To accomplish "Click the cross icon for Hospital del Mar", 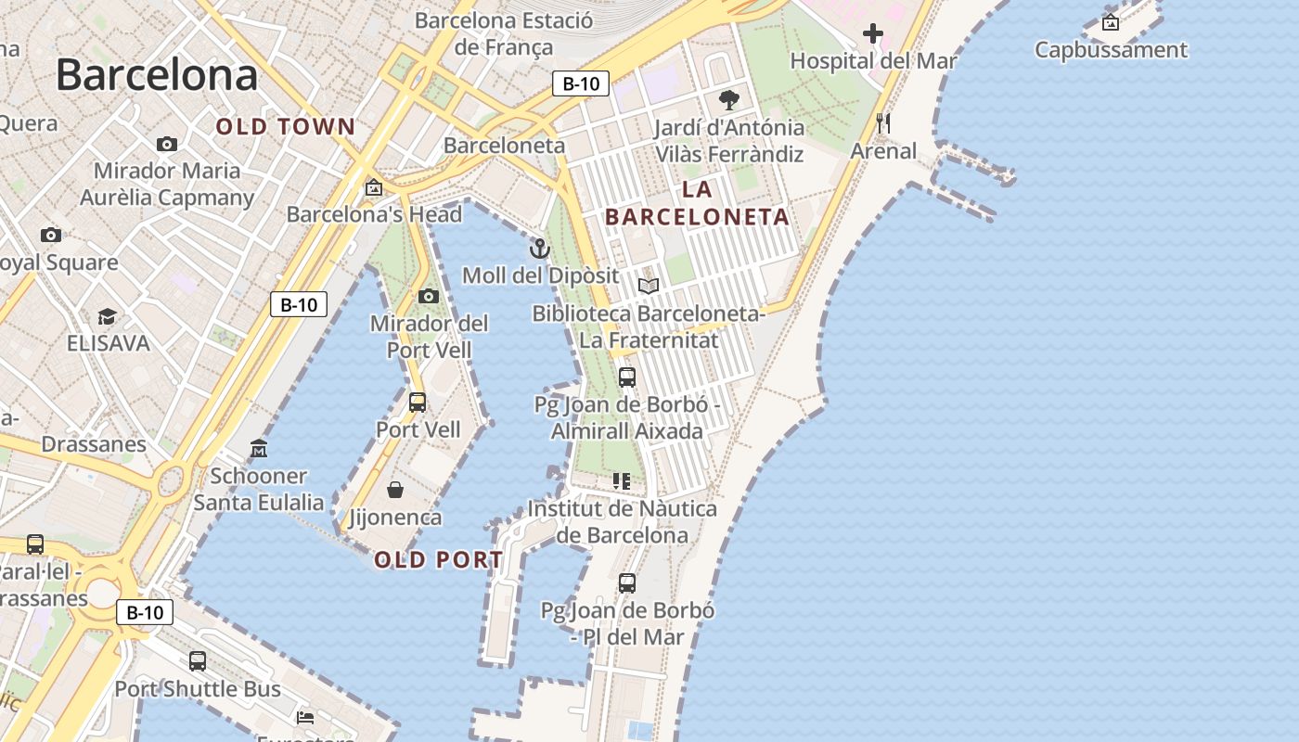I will [x=872, y=34].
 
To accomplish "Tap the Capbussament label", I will [x=1111, y=50].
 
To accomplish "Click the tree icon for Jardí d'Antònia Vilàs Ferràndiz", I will [x=729, y=99].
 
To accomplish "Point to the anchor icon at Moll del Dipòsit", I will [x=539, y=249].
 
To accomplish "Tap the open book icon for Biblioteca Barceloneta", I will [x=649, y=286].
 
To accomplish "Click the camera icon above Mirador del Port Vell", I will [x=429, y=297].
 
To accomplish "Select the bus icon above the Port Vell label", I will [x=418, y=403].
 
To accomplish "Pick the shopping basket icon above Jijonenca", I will [x=395, y=490].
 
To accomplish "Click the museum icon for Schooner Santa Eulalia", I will [x=259, y=449].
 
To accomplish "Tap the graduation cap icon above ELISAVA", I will [x=108, y=317].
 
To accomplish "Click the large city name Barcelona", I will [x=157, y=75].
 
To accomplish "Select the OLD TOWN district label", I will [x=286, y=127].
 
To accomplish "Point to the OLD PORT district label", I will [x=439, y=560].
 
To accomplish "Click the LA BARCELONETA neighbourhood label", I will [x=697, y=203].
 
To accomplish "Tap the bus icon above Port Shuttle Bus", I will [x=198, y=661].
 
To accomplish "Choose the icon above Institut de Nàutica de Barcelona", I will [x=622, y=481].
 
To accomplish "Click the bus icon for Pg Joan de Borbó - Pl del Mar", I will [x=627, y=583].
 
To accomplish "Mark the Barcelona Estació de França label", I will [x=504, y=33].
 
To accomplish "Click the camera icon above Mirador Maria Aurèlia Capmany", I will [x=167, y=144].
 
